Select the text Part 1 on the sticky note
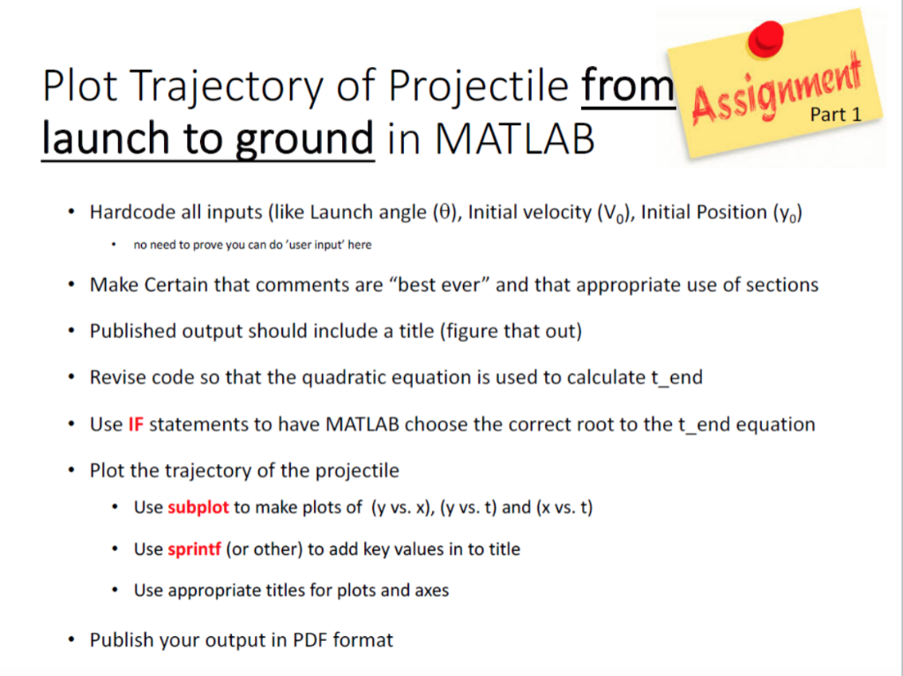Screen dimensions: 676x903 click(x=835, y=115)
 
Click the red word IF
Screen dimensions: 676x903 click(x=136, y=424)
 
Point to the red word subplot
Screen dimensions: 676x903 click(x=198, y=507)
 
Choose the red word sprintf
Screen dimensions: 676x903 click(x=194, y=549)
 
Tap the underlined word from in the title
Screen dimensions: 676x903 click(x=627, y=87)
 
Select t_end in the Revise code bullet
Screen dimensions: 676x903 click(x=676, y=378)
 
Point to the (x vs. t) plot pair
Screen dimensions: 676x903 click(x=564, y=507)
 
